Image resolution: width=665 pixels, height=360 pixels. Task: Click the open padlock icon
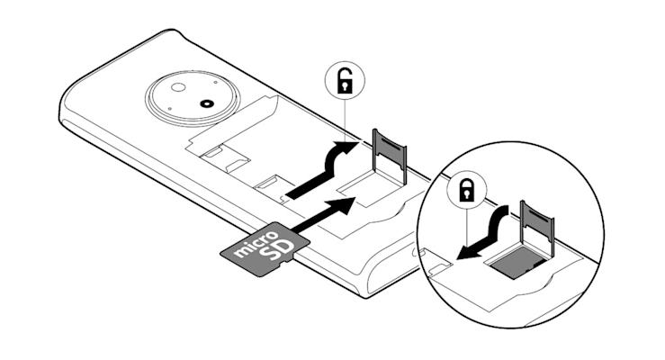point(345,82)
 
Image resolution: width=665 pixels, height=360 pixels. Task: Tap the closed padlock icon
point(467,189)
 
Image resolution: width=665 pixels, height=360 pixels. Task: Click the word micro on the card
point(256,244)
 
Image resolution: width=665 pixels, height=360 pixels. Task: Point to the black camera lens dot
point(207,103)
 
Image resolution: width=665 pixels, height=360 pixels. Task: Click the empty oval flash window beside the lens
point(178,88)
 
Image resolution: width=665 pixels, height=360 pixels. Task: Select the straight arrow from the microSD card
point(325,215)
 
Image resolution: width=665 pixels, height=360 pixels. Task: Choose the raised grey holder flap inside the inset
point(536,228)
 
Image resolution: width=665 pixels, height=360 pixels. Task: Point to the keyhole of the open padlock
point(345,87)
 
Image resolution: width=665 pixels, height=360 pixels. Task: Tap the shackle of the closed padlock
point(467,183)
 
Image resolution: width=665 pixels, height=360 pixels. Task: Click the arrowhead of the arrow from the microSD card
point(345,206)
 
